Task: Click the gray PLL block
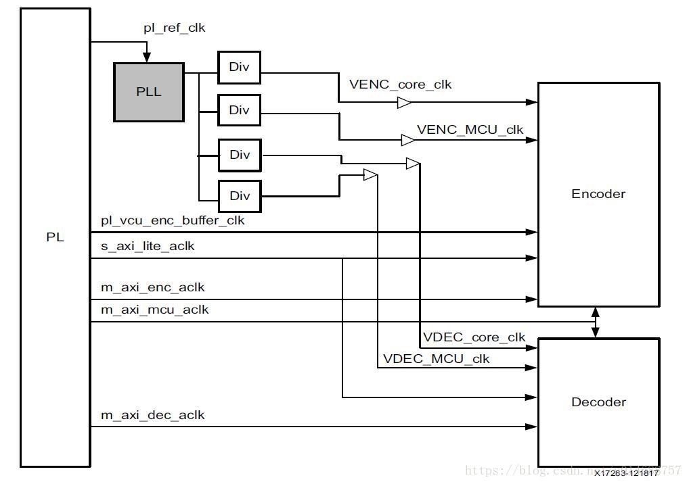[x=149, y=92]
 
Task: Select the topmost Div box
[x=239, y=67]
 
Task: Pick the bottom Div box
[x=239, y=196]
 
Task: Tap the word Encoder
[x=598, y=194]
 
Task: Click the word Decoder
[x=598, y=402]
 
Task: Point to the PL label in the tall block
[x=55, y=237]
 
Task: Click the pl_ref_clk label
[x=174, y=28]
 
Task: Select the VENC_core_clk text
[x=400, y=84]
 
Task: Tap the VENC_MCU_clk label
[x=470, y=130]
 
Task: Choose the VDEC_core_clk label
[x=474, y=337]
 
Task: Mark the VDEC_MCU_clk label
[x=436, y=358]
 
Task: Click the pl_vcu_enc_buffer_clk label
[x=173, y=220]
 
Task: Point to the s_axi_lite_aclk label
[x=148, y=246]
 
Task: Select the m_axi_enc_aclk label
[x=152, y=287]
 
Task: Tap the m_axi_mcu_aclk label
[x=154, y=310]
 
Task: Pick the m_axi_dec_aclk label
[x=152, y=415]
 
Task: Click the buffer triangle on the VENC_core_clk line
[x=404, y=103]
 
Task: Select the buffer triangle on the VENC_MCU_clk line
[x=408, y=140]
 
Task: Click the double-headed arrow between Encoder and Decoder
[x=596, y=322]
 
